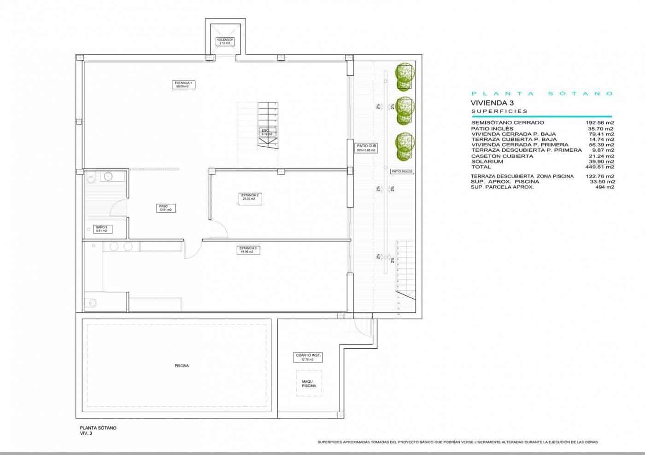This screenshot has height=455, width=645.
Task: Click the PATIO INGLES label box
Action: click(402, 171)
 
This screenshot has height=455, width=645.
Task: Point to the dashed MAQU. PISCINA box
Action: click(309, 383)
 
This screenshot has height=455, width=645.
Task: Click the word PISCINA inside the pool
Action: click(182, 366)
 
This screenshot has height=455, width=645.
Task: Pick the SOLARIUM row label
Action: click(487, 161)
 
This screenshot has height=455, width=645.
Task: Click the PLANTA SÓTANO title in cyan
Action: click(541, 93)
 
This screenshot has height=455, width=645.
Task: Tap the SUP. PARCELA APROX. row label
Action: click(502, 187)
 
